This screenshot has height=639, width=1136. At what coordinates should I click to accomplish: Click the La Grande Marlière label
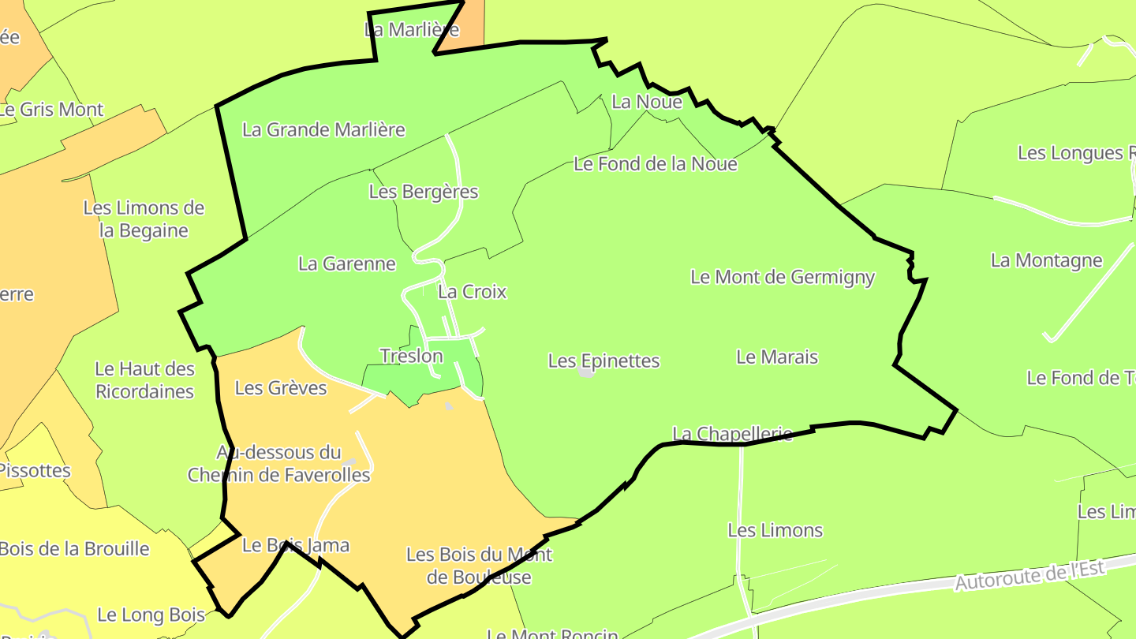(x=323, y=129)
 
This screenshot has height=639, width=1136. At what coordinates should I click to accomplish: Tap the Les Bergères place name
(x=424, y=192)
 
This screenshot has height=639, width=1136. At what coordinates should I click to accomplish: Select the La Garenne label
(x=347, y=263)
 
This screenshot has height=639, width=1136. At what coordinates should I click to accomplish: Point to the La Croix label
(x=472, y=292)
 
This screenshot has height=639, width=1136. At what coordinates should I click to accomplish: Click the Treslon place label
(x=411, y=356)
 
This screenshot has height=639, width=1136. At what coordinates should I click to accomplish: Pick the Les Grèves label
(x=281, y=388)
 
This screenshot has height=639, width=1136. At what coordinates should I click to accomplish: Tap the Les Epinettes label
(x=603, y=361)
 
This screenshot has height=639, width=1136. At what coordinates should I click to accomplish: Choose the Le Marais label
(x=777, y=357)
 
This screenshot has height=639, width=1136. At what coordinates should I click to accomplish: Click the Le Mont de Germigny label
(x=783, y=277)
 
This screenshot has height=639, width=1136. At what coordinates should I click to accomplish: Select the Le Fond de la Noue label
(x=656, y=164)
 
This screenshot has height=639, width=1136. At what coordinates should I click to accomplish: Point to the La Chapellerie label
(x=732, y=434)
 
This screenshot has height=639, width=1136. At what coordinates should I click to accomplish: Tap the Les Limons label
(x=775, y=530)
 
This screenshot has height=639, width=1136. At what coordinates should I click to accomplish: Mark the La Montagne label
(x=1046, y=260)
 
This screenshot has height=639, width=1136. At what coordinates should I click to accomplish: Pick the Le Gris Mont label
(x=52, y=110)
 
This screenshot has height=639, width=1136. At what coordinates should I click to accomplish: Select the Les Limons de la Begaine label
(x=144, y=219)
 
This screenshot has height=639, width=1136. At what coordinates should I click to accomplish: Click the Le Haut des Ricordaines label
(x=144, y=380)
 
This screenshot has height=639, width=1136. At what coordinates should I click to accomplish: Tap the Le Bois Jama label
(x=295, y=545)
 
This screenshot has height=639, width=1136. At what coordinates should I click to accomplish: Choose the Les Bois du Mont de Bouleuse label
(x=479, y=566)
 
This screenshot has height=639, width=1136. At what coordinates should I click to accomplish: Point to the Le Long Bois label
(x=151, y=615)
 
